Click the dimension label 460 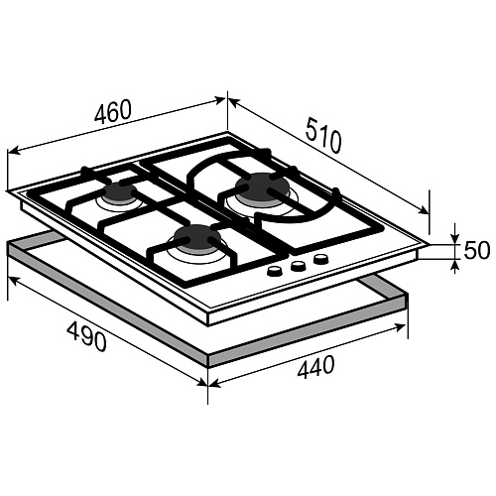point(113,111)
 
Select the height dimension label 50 point(476,250)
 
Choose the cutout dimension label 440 point(315,366)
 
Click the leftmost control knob point(275,272)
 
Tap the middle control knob point(298,266)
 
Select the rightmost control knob point(320,259)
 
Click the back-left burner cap point(119,192)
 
